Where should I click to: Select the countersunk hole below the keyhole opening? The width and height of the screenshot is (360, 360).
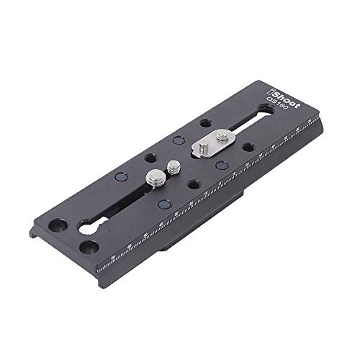tap(88, 247)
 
